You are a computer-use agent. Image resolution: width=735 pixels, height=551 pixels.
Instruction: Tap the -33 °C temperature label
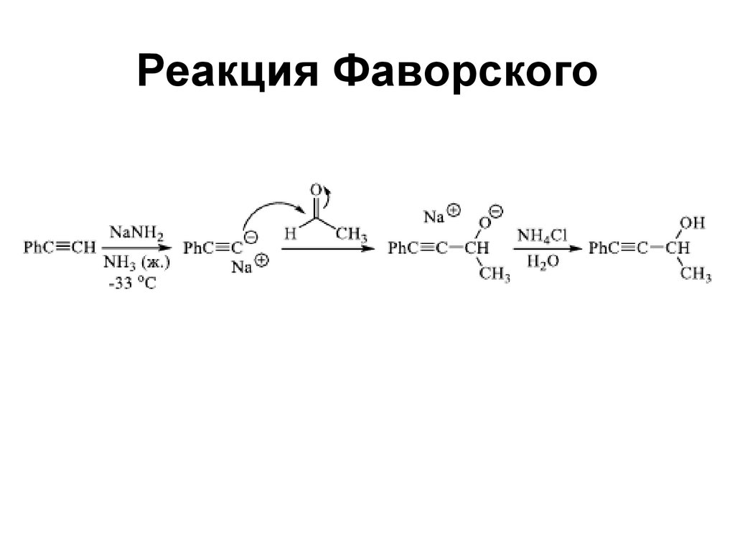[132, 284]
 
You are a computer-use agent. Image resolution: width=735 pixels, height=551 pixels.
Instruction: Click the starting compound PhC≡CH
[59, 248]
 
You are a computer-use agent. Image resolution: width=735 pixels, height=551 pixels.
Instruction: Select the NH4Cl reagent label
[543, 234]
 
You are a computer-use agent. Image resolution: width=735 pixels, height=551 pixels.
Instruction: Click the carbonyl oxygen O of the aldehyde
[315, 191]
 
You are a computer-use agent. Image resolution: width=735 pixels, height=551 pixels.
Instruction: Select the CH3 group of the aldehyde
[352, 234]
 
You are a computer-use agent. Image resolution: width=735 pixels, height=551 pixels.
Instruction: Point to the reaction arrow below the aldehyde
[328, 248]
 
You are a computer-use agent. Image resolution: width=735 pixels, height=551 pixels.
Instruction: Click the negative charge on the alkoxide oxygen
[497, 212]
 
